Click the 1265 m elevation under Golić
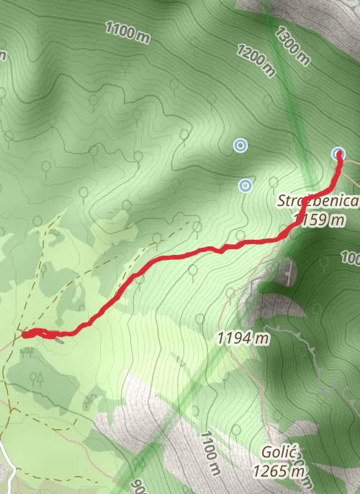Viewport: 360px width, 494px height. point(278,472)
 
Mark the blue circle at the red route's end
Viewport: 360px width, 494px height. point(338,153)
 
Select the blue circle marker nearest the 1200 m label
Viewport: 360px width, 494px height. point(240,146)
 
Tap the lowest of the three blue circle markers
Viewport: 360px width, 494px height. point(246,186)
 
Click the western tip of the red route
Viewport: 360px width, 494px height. point(24,334)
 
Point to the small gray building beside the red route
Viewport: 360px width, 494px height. point(60,340)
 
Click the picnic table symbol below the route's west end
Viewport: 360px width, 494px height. point(28,352)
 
